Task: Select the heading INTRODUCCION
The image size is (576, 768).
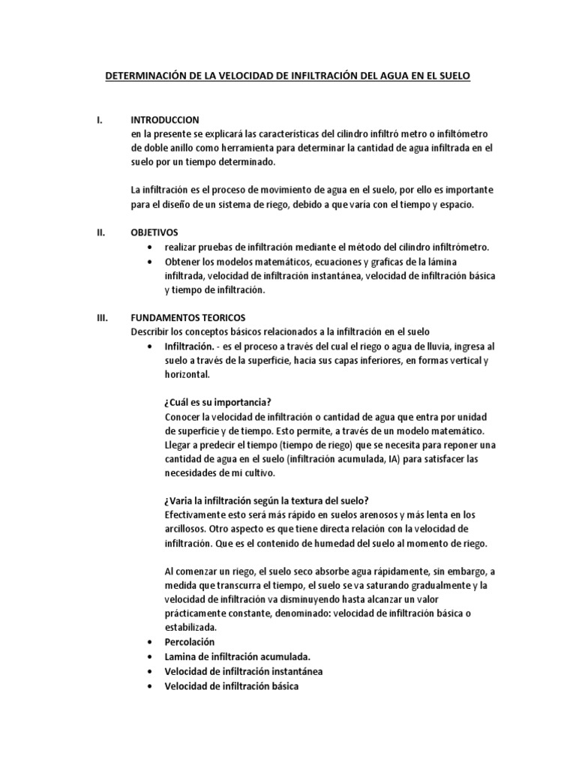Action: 165,120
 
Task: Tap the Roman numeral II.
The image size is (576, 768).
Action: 103,232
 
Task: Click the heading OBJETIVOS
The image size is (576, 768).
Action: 154,232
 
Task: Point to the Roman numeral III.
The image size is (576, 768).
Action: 103,318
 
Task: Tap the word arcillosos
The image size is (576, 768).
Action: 185,529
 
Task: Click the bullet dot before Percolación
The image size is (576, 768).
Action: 152,643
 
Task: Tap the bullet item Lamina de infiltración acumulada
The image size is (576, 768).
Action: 226,656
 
